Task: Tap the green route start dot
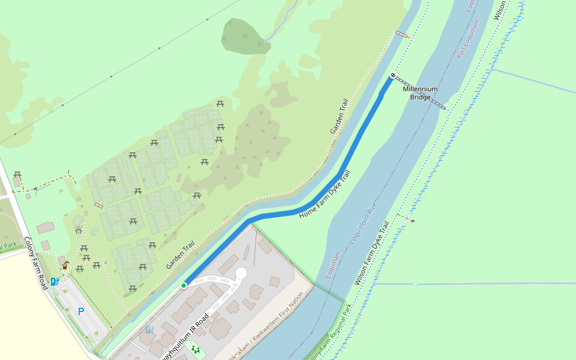pos(184,285)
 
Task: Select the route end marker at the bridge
pos(393,76)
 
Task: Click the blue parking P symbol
pos(81,311)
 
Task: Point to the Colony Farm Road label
pos(35,263)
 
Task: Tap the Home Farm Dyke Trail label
pos(325,194)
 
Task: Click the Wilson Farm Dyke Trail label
pos(372,253)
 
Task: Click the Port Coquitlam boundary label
pos(469,39)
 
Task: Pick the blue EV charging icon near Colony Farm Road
pos(55,281)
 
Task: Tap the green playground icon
pos(194,349)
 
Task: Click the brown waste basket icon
pos(65,266)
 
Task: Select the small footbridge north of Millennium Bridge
pos(403,34)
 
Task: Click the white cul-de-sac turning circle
pos(241,273)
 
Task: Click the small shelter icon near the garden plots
pos(78,229)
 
